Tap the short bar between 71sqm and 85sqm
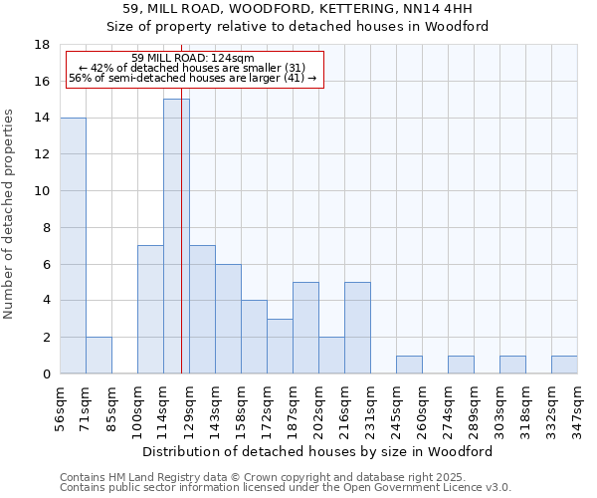(x=99, y=356)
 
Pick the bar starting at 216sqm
(x=357, y=328)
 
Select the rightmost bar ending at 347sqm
(x=564, y=365)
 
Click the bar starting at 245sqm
(x=409, y=365)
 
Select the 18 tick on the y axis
(x=42, y=45)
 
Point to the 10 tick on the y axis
(x=42, y=191)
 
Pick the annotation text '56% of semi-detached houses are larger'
(x=193, y=78)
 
